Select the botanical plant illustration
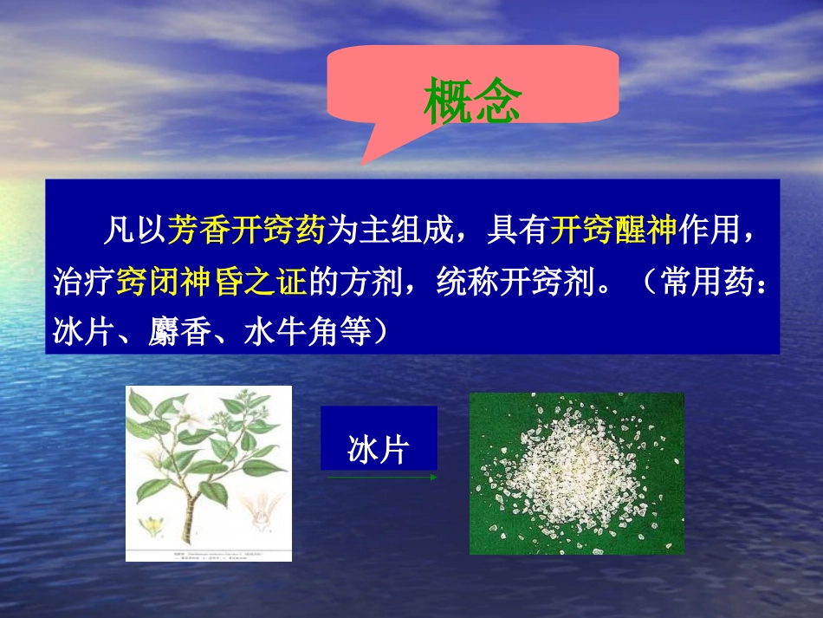[x=208, y=459]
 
